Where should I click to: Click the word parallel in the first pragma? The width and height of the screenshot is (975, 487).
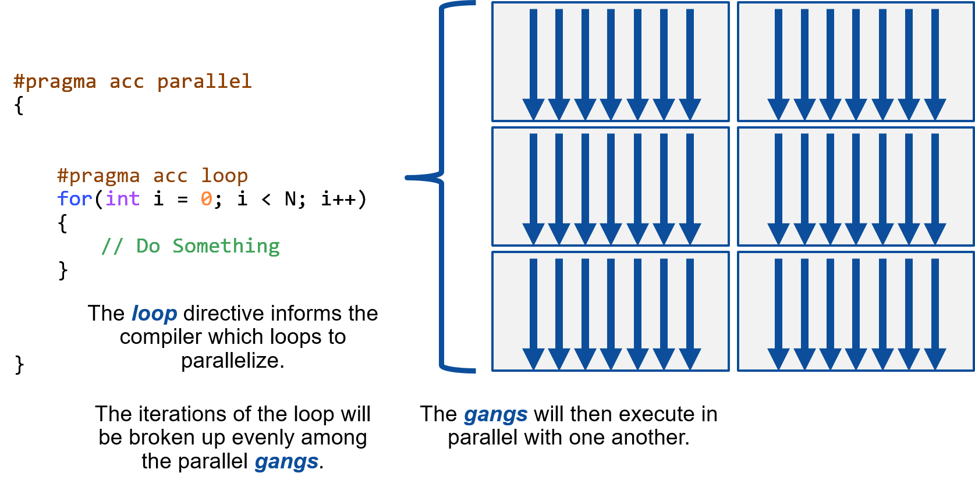204,81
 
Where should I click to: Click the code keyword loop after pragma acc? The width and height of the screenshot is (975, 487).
224,176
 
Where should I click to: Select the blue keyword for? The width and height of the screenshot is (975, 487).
75,199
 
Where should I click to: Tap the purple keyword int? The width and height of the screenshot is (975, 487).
123,199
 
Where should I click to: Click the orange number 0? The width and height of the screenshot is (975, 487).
206,199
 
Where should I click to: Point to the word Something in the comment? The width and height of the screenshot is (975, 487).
226,246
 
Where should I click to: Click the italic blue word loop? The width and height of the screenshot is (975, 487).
154,314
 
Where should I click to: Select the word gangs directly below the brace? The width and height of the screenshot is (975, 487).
495,415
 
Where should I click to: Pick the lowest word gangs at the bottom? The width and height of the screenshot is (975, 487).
286,462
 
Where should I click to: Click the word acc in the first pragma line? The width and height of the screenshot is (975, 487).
126,81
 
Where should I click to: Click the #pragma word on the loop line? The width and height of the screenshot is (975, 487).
98,176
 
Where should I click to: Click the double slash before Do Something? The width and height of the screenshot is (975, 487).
112,246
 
